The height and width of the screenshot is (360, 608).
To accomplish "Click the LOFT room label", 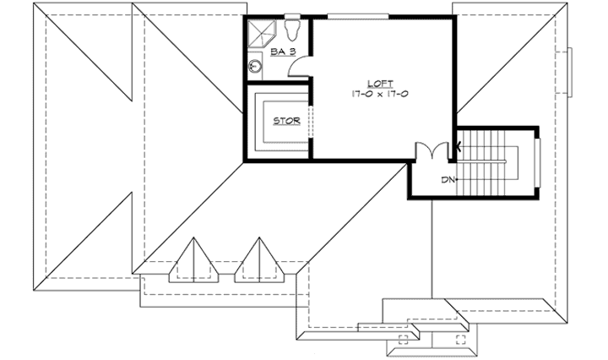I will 380,83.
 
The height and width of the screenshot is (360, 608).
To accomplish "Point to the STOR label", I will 287,121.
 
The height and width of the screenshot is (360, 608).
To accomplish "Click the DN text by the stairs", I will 448,179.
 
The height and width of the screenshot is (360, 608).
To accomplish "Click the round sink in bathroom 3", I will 254,64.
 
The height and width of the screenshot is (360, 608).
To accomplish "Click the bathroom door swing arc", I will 297,68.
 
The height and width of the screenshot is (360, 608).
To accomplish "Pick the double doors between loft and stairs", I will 432,150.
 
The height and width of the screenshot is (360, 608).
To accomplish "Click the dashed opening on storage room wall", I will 311,120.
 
